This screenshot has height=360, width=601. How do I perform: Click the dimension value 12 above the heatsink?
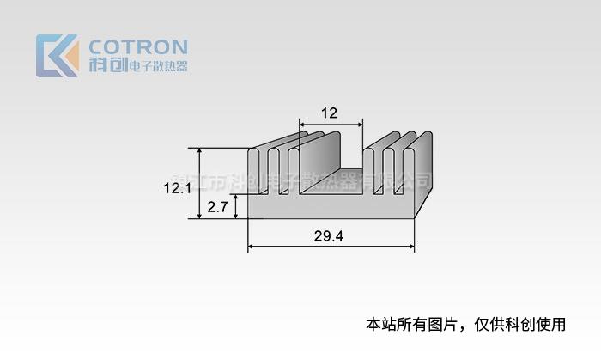329,113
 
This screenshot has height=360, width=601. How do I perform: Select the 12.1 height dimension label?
178,186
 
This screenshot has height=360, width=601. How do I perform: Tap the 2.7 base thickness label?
217,206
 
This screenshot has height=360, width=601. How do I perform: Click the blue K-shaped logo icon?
57,55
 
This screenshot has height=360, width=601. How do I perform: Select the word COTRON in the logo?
137,46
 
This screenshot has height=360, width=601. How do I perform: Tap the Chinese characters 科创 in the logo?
107,65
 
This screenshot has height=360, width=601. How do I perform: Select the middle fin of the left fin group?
275,172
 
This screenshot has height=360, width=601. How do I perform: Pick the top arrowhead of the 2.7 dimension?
236,196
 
